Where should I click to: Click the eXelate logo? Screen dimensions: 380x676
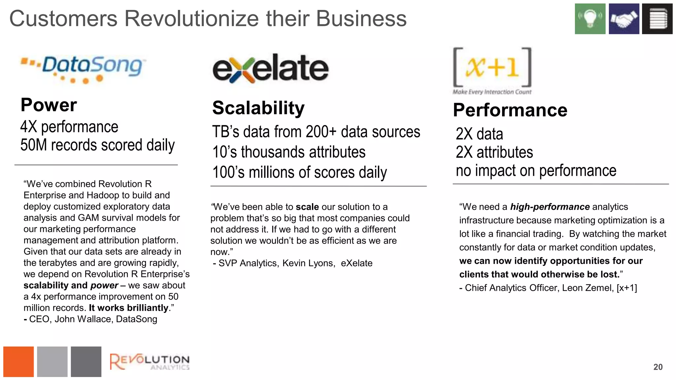coord(271,69)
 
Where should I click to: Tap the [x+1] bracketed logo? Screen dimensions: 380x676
coord(492,67)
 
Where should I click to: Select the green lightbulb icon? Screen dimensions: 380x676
coord(590,19)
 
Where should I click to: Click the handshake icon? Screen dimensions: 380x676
coord(624,19)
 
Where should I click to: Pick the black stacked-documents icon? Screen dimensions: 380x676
coord(657,19)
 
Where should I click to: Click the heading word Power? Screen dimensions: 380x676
coord(49,105)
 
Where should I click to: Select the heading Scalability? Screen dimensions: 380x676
coord(258,108)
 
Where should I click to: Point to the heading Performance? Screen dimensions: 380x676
coord(510,110)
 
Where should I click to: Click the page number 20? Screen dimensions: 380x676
coord(658,367)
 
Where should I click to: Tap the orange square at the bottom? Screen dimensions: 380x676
coord(18,362)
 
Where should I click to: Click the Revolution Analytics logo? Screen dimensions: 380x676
coord(149,362)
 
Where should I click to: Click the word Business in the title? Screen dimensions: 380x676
coord(361,19)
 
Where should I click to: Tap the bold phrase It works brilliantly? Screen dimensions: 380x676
coord(129,308)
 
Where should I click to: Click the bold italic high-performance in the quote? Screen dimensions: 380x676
coord(550,207)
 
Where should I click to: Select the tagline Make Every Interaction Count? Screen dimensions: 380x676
coord(492,92)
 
